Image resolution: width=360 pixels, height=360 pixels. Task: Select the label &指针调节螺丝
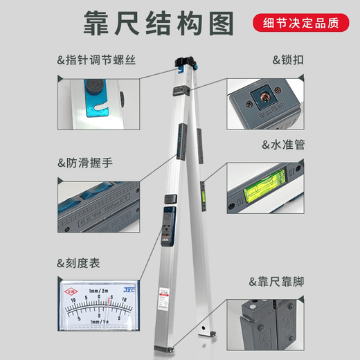point(96,60)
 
